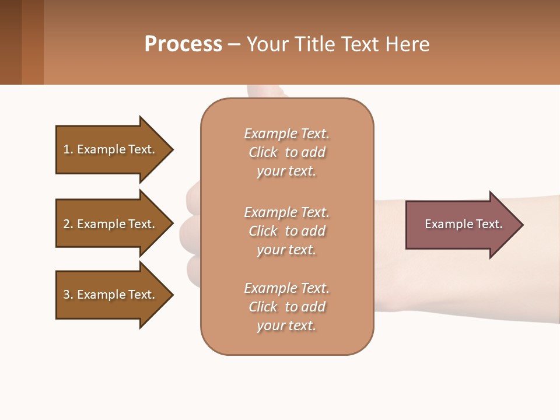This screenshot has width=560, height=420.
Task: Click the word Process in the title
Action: pos(183,44)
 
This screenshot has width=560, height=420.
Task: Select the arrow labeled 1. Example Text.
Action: pos(108,149)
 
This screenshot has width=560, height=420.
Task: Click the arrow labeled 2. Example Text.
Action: pos(108,224)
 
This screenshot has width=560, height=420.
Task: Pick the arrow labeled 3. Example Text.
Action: pos(108,295)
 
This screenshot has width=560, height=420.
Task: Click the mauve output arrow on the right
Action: pos(455,224)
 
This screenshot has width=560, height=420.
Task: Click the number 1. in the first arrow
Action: pos(68,149)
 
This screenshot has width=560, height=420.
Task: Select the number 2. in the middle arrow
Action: pos(68,224)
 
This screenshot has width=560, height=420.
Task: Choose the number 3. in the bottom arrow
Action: pos(68,295)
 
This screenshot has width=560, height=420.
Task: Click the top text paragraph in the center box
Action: pos(286,152)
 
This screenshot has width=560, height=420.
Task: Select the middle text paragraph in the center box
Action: pos(286,231)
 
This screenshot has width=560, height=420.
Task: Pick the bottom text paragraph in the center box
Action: pos(286,307)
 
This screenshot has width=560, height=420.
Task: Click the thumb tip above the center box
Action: pos(265,92)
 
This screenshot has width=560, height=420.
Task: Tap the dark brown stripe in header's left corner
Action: pos(10,42)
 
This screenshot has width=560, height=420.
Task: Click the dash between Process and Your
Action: pos(235,44)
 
